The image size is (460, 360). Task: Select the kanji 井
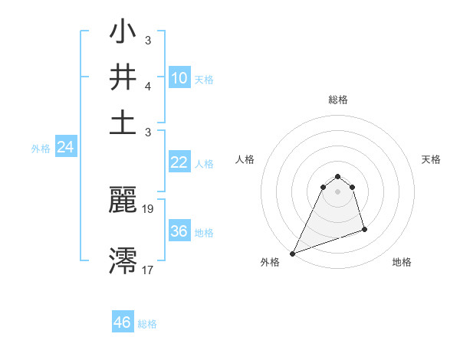coord(123,78)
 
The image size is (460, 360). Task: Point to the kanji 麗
coord(123,200)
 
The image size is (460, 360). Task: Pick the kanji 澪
coord(123,260)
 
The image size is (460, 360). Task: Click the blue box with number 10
coord(179,78)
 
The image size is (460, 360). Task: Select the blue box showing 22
coord(179,162)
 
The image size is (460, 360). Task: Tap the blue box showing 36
coord(179,231)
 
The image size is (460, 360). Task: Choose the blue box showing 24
coord(66,148)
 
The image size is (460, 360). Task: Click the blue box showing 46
coord(123,322)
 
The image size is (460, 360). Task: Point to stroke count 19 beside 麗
coord(149,208)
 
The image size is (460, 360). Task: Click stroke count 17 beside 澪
coord(149,270)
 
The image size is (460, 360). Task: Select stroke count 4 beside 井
coord(147,87)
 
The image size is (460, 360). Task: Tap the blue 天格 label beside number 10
coord(204,80)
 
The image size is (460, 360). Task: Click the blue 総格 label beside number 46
coord(147,324)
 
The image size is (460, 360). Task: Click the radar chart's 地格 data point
coord(364,229)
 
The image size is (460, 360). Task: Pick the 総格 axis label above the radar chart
coord(337,100)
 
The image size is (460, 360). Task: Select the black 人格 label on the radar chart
coord(245,159)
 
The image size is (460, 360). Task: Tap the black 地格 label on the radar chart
coord(402,263)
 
